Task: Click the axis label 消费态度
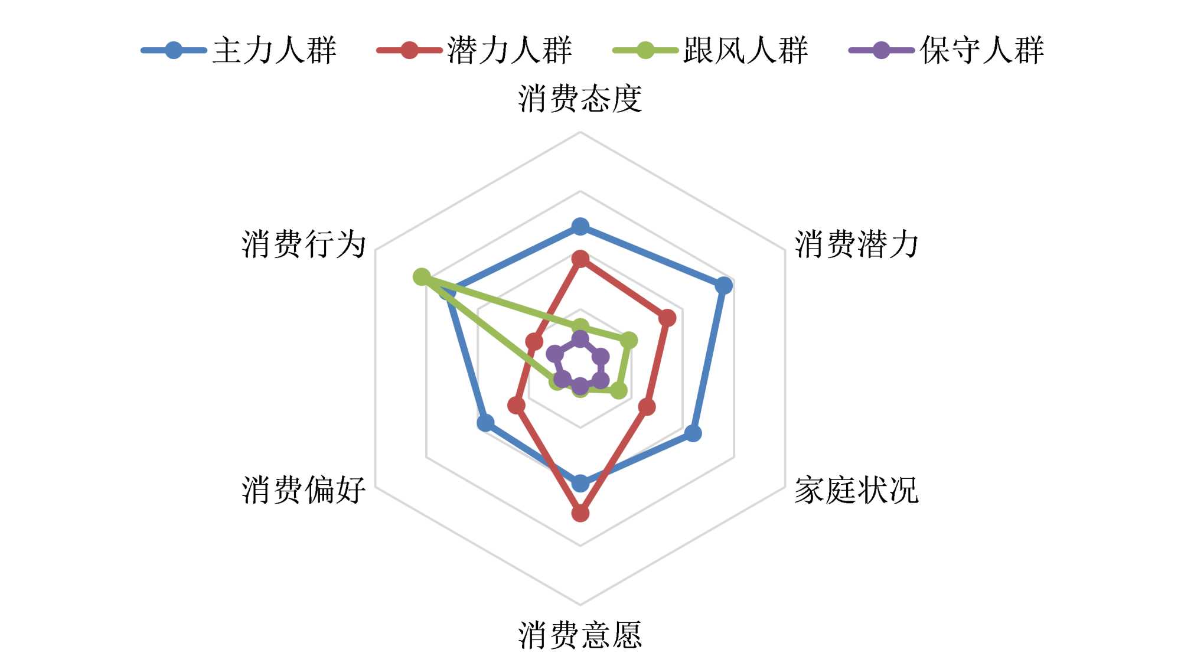pyautogui.click(x=580, y=99)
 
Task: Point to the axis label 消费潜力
pyautogui.click(x=856, y=244)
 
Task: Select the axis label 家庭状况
pyautogui.click(x=856, y=490)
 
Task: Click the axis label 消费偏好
pyautogui.click(x=304, y=490)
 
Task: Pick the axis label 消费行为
pyautogui.click(x=304, y=244)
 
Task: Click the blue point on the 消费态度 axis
pyautogui.click(x=580, y=226)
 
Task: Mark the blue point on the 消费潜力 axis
pyautogui.click(x=724, y=286)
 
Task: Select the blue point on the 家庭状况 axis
pyautogui.click(x=693, y=433)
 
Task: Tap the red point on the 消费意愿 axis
pyautogui.click(x=580, y=513)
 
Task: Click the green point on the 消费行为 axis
pyautogui.click(x=422, y=276)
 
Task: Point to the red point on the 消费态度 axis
pyautogui.click(x=580, y=259)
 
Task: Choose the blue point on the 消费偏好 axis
pyautogui.click(x=485, y=423)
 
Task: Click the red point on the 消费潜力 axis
pyautogui.click(x=667, y=318)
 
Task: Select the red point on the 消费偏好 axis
pyautogui.click(x=517, y=405)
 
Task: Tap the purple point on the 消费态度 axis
pyautogui.click(x=580, y=339)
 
